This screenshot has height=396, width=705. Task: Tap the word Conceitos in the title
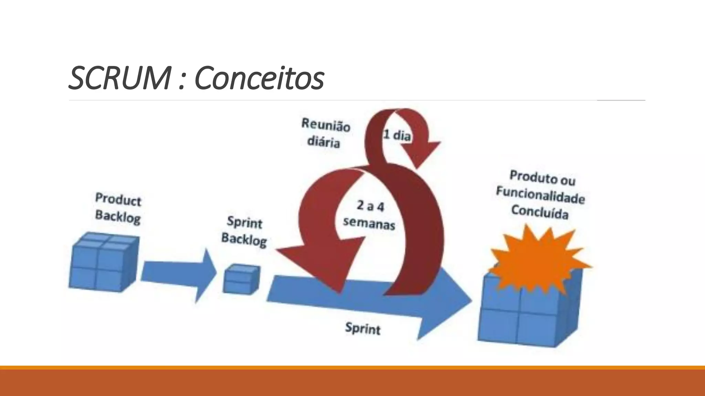pyautogui.click(x=259, y=78)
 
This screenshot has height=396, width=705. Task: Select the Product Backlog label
pyautogui.click(x=118, y=208)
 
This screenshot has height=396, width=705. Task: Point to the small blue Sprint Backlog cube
pyautogui.click(x=241, y=279)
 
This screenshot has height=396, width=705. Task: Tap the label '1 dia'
pyautogui.click(x=397, y=135)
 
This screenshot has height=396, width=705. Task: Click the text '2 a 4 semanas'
pyautogui.click(x=369, y=215)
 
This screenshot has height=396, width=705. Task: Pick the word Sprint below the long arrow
pyautogui.click(x=363, y=328)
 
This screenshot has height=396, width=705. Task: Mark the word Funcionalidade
pyautogui.click(x=540, y=195)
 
